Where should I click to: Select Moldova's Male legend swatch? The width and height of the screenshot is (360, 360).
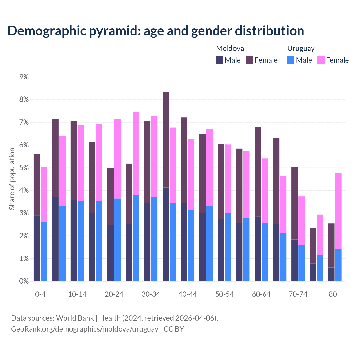(x=219, y=60)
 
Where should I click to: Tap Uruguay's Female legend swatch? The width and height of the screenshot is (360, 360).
(x=321, y=60)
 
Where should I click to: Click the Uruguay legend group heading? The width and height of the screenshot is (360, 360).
(x=301, y=48)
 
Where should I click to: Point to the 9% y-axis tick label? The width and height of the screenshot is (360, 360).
(x=24, y=77)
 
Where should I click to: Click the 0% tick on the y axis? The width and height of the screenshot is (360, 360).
(x=24, y=281)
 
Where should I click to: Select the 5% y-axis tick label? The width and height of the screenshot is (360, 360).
(x=24, y=168)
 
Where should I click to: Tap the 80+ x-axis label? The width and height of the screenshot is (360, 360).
(x=335, y=294)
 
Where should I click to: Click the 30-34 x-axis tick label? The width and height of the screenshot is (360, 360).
(x=151, y=294)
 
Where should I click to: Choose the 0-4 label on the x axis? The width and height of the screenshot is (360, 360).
(x=40, y=294)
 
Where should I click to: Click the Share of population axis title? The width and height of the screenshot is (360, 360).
(x=12, y=179)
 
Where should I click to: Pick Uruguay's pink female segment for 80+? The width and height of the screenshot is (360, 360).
(x=338, y=211)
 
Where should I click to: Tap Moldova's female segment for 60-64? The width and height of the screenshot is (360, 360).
(x=258, y=172)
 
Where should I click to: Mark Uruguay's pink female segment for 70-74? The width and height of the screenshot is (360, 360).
(x=301, y=220)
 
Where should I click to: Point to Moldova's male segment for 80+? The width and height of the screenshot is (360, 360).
(x=331, y=274)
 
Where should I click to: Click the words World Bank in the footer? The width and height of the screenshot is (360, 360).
(x=75, y=318)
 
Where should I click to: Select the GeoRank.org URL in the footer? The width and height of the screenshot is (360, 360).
(x=84, y=329)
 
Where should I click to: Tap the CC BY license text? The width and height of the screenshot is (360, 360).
(x=174, y=329)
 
